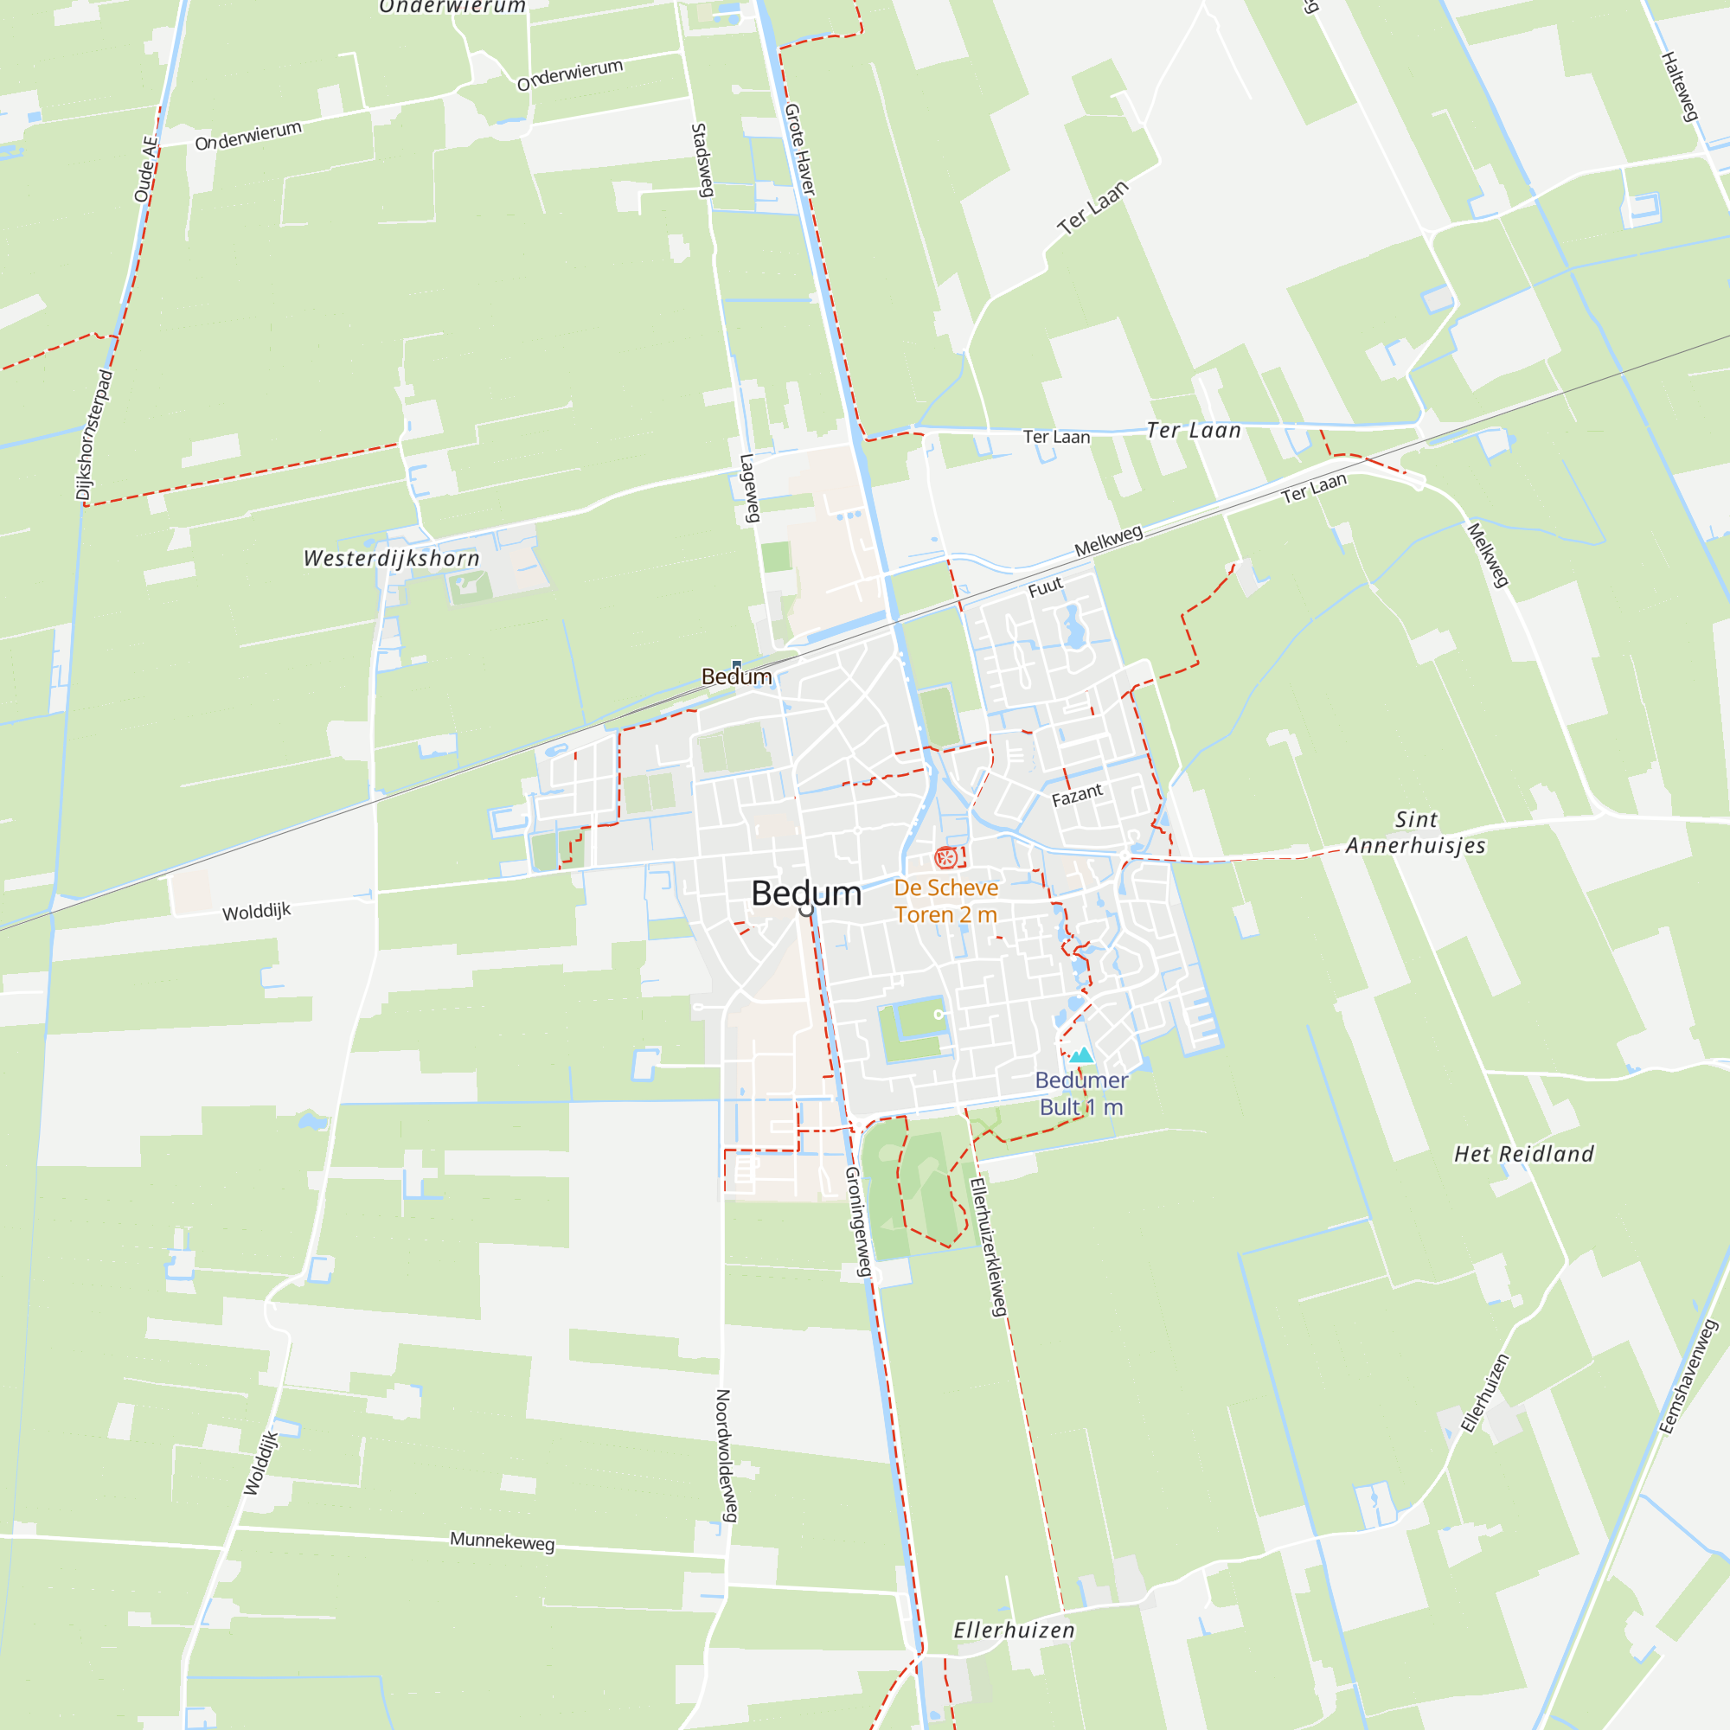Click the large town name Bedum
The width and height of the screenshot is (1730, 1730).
point(806,893)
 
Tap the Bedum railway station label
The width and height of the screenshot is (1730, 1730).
point(736,677)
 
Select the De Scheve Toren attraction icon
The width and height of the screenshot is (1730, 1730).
point(945,859)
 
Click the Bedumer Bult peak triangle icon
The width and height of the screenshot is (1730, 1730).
point(1082,1054)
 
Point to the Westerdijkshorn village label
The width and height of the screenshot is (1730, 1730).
point(391,559)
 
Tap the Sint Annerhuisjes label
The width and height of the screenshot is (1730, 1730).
point(1416,833)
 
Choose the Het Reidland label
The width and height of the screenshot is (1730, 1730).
point(1524,1154)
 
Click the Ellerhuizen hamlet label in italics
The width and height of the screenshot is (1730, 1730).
point(1014,1631)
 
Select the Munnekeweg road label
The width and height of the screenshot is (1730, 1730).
point(502,1541)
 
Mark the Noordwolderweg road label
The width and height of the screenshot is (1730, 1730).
point(727,1456)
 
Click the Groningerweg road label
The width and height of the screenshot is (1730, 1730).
point(858,1221)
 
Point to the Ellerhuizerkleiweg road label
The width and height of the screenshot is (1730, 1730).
point(989,1246)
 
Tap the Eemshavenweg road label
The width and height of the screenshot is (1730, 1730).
point(1688,1377)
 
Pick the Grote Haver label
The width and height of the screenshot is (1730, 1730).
point(799,150)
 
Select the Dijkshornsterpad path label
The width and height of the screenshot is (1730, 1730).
point(94,435)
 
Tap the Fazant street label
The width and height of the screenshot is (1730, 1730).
point(1076,795)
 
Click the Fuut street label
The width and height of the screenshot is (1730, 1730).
point(1045,587)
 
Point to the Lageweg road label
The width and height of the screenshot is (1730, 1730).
point(749,488)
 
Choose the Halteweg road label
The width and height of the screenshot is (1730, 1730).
point(1680,86)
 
